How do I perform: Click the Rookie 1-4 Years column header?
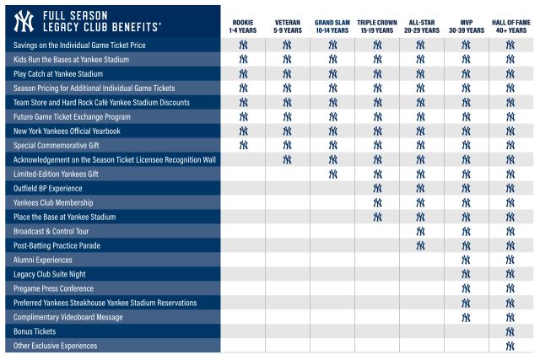243,24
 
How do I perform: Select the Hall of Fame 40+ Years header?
510,24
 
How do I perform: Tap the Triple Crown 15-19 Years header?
376,24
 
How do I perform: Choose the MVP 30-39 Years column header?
466,24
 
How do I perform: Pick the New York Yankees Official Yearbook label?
67,131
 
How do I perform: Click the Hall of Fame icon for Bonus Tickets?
510,331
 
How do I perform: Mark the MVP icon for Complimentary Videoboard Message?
466,317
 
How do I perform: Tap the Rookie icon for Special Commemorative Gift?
243,145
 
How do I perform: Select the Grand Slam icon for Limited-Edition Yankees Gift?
332,174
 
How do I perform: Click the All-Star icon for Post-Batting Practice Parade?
421,245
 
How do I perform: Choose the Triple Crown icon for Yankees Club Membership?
376,202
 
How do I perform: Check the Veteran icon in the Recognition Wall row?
288,159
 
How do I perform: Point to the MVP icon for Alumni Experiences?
466,260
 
